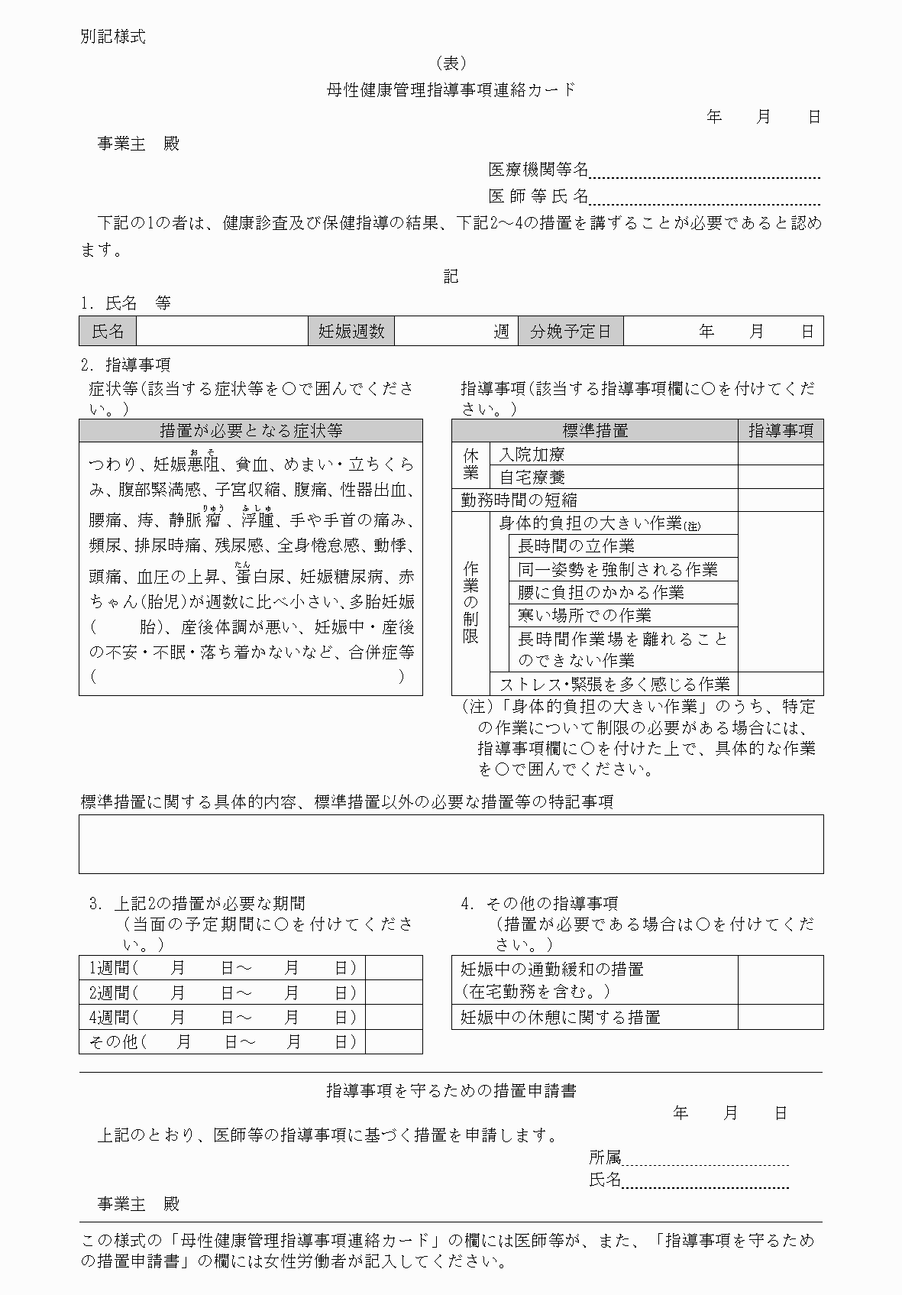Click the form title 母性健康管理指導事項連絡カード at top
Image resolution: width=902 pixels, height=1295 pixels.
pyautogui.click(x=451, y=90)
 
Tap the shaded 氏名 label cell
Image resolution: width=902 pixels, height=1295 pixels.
pyautogui.click(x=108, y=331)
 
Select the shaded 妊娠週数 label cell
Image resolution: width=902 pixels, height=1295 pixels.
pyautogui.click(x=351, y=331)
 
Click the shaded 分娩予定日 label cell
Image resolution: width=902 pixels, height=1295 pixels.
pyautogui.click(x=571, y=331)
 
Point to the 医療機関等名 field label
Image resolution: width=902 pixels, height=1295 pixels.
pyautogui.click(x=538, y=169)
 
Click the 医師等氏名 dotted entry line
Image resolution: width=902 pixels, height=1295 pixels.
pyautogui.click(x=704, y=199)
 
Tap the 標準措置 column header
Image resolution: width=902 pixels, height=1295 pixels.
pyautogui.click(x=595, y=431)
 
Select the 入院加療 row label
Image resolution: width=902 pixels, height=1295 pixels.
pyautogui.click(x=532, y=455)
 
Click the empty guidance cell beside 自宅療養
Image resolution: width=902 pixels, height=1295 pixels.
pyautogui.click(x=780, y=478)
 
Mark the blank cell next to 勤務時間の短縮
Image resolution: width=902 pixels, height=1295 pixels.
pyautogui.click(x=780, y=500)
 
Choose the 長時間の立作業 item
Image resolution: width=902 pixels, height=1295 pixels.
pyautogui.click(x=576, y=546)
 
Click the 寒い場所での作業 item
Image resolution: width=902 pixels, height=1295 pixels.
pyautogui.click(x=584, y=615)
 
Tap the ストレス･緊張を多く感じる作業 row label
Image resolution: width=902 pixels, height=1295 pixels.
pyautogui.click(x=614, y=684)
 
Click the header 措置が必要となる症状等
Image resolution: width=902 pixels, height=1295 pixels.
pyautogui.click(x=251, y=431)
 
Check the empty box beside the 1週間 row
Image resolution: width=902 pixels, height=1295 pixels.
pyautogui.click(x=393, y=967)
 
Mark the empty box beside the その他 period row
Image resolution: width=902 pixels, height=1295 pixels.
pyautogui.click(x=393, y=1041)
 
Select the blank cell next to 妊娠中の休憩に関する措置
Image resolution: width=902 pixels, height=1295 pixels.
pyautogui.click(x=780, y=1017)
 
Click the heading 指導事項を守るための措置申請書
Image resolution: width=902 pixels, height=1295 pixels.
pyautogui.click(x=451, y=1091)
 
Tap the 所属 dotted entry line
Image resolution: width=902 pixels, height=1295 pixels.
pyautogui.click(x=704, y=1159)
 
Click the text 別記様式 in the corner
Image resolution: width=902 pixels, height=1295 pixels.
pyautogui.click(x=112, y=36)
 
